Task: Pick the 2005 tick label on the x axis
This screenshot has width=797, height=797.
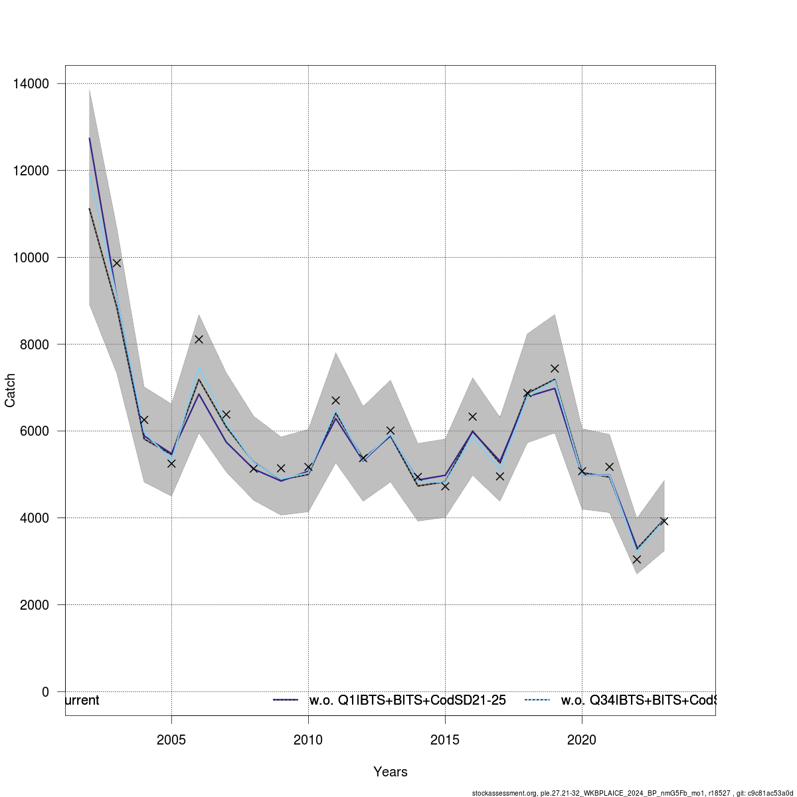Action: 172,739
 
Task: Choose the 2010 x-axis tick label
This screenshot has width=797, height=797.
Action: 308,739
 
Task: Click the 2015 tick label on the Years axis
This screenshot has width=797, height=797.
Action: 445,739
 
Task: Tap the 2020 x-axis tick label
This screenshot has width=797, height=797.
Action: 582,739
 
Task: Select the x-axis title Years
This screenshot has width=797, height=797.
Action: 391,772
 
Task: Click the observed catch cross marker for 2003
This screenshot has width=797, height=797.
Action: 117,263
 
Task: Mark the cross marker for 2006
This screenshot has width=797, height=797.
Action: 199,339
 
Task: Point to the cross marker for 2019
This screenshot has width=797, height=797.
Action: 555,369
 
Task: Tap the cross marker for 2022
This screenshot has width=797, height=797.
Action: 636,559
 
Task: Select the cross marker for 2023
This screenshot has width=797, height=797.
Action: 664,521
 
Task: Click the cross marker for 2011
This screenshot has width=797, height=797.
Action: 335,400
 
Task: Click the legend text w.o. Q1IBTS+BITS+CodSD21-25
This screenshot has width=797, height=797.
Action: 408,701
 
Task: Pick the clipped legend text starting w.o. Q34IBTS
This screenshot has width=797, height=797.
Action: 638,701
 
